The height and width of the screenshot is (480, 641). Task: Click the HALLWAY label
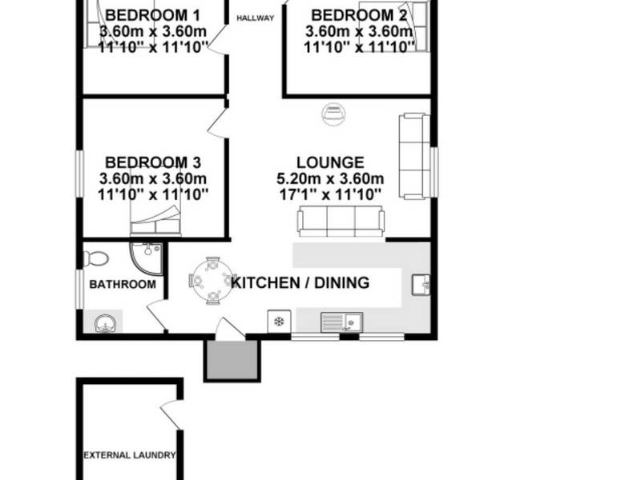pyautogui.click(x=255, y=18)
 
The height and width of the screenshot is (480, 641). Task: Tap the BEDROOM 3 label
pyautogui.click(x=153, y=162)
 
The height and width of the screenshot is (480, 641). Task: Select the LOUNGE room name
pyautogui.click(x=330, y=162)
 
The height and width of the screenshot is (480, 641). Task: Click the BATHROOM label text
pyautogui.click(x=123, y=285)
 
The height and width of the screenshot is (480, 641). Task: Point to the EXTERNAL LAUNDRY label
pyautogui.click(x=130, y=455)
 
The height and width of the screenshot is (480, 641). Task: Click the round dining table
pyautogui.click(x=212, y=281)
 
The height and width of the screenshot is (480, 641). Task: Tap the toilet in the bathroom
pyautogui.click(x=96, y=258)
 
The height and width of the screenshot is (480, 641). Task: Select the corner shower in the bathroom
pyautogui.click(x=147, y=258)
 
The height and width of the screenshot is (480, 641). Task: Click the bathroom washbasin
pyautogui.click(x=107, y=323)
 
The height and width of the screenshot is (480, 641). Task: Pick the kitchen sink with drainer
pyautogui.click(x=341, y=322)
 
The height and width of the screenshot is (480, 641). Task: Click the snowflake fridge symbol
pyautogui.click(x=279, y=322)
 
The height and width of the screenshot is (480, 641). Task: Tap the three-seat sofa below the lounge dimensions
pyautogui.click(x=341, y=222)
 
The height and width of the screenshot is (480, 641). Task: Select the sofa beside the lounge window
pyautogui.click(x=414, y=157)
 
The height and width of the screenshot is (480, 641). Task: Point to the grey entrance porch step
pyautogui.click(x=232, y=361)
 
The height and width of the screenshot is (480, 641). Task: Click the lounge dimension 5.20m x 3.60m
pyautogui.click(x=330, y=178)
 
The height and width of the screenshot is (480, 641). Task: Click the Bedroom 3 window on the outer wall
pyautogui.click(x=80, y=174)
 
